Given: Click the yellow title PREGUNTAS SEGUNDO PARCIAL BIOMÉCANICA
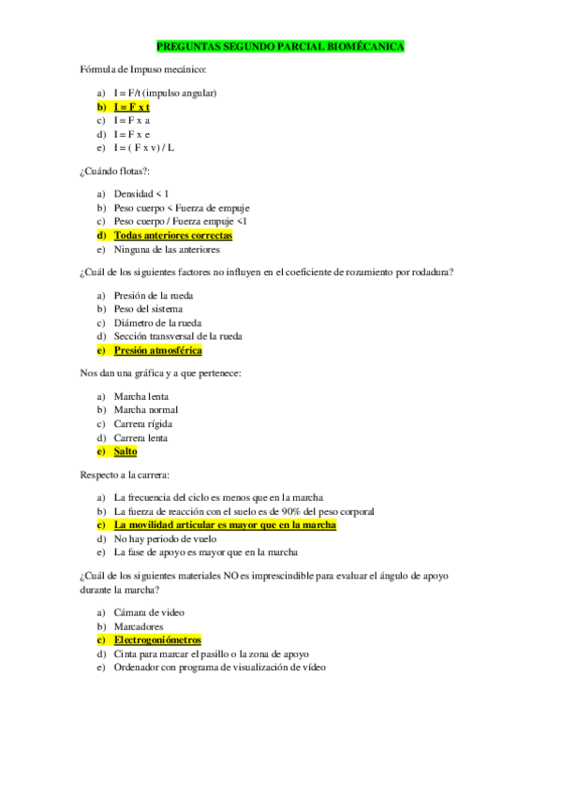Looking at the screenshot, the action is coord(280,46).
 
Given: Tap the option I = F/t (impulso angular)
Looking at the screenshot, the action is coord(165,94).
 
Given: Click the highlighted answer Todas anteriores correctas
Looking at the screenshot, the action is coord(172,236).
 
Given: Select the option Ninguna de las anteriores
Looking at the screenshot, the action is coord(166,250).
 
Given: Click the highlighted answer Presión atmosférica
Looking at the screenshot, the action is coord(157,350).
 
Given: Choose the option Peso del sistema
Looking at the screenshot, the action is coord(148,309).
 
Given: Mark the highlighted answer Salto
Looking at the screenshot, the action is coord(125,451).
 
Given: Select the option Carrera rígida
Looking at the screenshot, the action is coord(143,423).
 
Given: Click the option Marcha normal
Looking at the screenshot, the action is coord(145,410).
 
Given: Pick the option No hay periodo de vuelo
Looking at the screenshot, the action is coord(165,539).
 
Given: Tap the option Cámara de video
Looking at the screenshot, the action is coord(149,612).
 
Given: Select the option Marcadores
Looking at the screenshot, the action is coord(139,626).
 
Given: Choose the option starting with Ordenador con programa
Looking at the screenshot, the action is coord(219,668).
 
